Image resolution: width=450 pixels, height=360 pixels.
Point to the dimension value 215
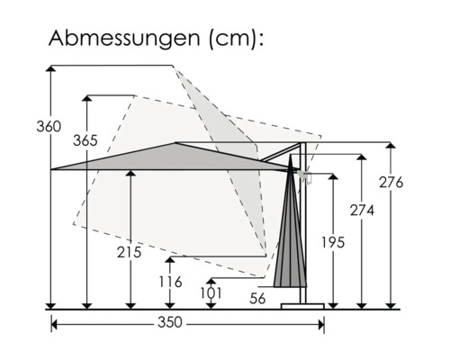point(130,253)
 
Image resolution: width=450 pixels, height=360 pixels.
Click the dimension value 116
point(171,283)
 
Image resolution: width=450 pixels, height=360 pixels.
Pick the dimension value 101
point(211,292)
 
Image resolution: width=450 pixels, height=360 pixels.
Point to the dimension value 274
point(362,210)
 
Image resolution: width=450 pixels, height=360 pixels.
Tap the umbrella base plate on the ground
point(301,305)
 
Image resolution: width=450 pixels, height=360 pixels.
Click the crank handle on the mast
point(308,176)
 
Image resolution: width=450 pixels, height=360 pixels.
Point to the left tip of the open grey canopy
point(52,168)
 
